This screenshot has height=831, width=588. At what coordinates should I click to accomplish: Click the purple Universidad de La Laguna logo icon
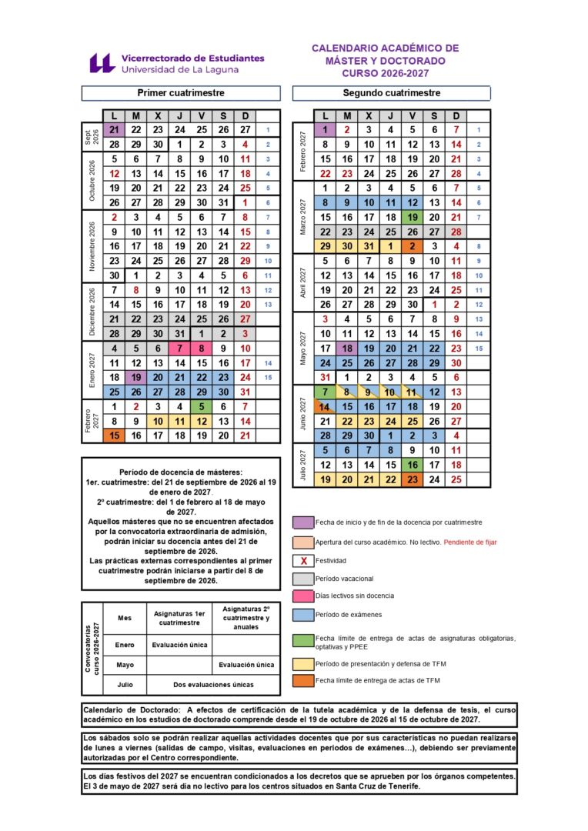pos(102,63)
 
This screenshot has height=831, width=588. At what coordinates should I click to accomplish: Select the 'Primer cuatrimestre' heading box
pos(181,93)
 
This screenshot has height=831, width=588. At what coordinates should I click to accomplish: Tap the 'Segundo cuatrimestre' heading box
pos(392,93)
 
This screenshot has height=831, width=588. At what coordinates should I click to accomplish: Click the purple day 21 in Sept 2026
pos(114,130)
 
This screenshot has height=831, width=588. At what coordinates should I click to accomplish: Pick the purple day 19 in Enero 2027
pos(135,377)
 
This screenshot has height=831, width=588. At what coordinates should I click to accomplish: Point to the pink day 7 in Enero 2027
pos(179,348)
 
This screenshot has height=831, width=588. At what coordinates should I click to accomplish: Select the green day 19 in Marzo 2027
pos(413,217)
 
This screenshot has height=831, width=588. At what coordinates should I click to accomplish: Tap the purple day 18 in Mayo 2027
pos(347,348)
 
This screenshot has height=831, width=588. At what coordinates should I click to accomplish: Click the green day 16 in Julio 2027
pos(413,465)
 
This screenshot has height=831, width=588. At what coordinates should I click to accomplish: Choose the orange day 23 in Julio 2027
pos(413,479)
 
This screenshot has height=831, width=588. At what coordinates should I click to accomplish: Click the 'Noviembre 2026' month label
pos(92,246)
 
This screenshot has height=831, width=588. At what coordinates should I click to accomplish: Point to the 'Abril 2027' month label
pos(303,282)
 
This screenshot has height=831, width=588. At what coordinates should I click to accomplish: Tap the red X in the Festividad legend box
pos(303,560)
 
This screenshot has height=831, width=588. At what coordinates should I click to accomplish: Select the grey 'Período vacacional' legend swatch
pos(303,578)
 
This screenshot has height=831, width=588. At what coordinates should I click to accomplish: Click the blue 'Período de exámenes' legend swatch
pos(303,614)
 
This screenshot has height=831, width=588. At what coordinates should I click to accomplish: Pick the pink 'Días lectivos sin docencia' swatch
pos(303,596)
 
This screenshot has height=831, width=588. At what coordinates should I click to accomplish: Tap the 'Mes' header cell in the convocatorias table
pos(125,618)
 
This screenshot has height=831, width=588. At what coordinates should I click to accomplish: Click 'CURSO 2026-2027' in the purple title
pos(385,74)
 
